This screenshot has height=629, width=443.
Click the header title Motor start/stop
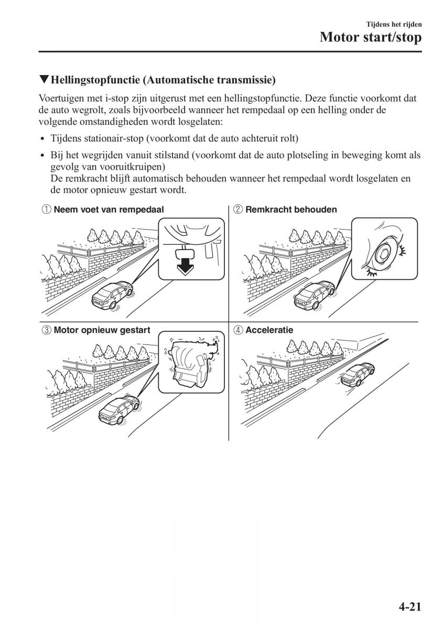(370, 38)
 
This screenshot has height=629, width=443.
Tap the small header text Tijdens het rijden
(394, 24)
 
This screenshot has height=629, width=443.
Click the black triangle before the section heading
(44, 80)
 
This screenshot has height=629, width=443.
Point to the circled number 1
(46, 210)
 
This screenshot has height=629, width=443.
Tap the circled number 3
(46, 330)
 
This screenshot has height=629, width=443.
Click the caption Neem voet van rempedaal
(109, 210)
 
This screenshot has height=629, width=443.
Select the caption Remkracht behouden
(291, 210)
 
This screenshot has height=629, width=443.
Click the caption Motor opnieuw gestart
(102, 330)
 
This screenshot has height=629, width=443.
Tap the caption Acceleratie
(269, 330)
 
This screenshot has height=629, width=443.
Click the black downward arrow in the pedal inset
(183, 265)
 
